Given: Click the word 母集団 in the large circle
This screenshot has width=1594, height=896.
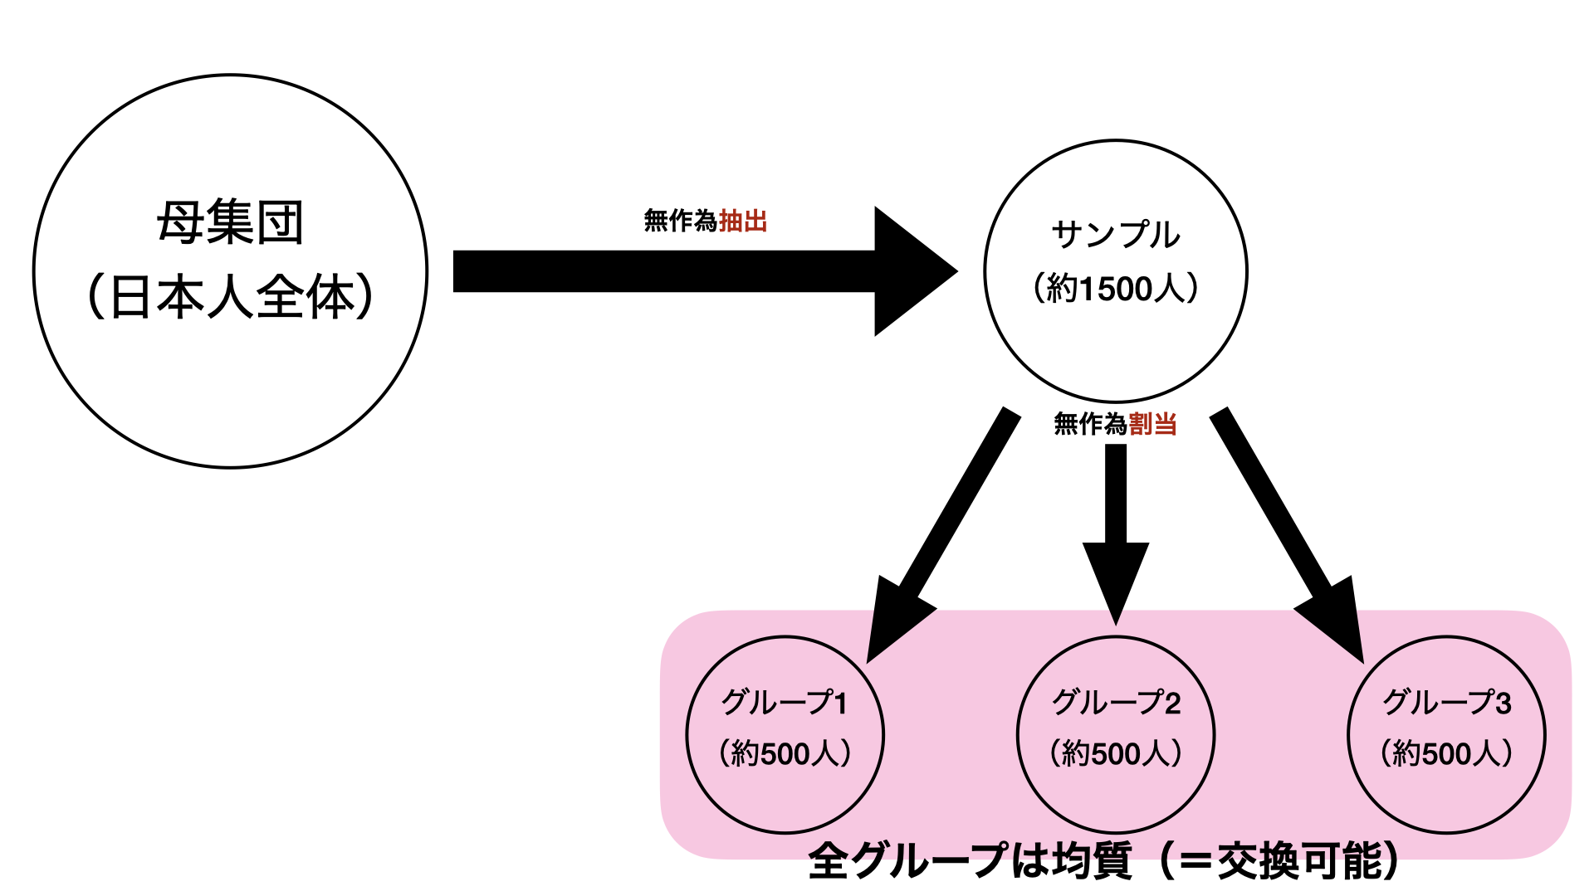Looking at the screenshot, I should (x=230, y=222).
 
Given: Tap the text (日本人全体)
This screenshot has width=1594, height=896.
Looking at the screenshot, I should (x=230, y=297).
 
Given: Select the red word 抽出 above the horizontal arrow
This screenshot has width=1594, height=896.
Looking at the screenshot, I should (x=743, y=221).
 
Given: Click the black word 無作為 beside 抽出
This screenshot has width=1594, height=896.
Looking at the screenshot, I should (x=680, y=221).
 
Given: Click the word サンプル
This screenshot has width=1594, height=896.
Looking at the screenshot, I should (x=1115, y=235).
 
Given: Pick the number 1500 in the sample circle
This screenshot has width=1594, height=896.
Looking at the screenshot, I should (x=1116, y=289).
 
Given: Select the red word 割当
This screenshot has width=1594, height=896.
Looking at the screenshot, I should (x=1152, y=424).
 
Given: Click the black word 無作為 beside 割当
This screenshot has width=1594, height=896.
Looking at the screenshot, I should (x=1090, y=424).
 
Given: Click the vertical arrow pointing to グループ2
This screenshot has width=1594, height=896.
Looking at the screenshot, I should (x=1116, y=531).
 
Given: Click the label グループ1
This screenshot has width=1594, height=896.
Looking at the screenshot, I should (x=785, y=703).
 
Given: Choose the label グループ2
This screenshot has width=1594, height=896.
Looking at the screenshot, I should (x=1116, y=703).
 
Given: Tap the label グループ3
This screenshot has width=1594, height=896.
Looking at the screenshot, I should (x=1446, y=703).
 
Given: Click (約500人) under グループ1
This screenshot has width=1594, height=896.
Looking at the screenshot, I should (x=785, y=753).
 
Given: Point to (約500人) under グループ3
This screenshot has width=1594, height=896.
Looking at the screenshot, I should (x=1446, y=753).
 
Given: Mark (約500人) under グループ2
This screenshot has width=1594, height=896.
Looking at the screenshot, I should (x=1116, y=753).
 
